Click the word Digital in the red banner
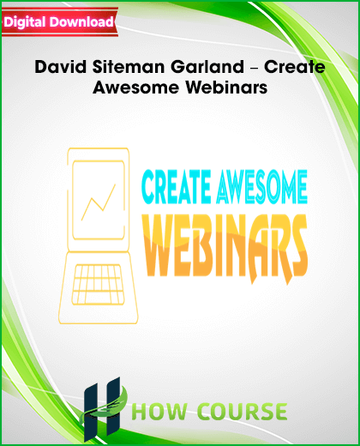pyautogui.click(x=25, y=22)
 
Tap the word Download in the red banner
pyautogui.click(x=81, y=21)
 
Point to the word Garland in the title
pyautogui.click(x=207, y=67)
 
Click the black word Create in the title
pyautogui.click(x=294, y=67)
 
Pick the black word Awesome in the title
pyautogui.click(x=136, y=87)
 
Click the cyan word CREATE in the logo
pyautogui.click(x=177, y=187)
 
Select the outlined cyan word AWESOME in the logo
pyautogui.click(x=262, y=187)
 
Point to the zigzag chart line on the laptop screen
pyautogui.click(x=99, y=202)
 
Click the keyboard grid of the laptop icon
pyautogui.click(x=99, y=285)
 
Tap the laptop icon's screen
pyautogui.click(x=99, y=200)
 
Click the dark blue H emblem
pyautogui.click(x=101, y=409)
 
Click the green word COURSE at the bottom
pyautogui.click(x=243, y=411)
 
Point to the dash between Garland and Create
pyautogui.click(x=254, y=69)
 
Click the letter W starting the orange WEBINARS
pyautogui.click(x=163, y=246)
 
